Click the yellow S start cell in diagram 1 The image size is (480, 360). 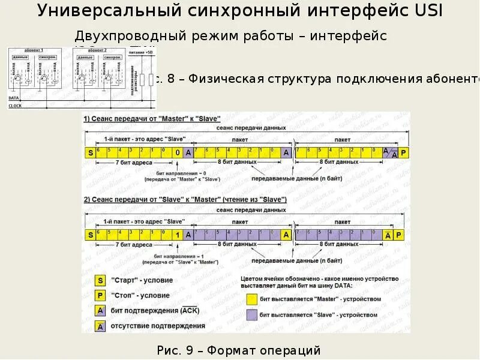91,152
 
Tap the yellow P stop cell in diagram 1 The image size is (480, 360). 403,152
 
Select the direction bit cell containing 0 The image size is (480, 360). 178,152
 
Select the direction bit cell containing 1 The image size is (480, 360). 178,235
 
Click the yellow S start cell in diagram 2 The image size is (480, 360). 91,235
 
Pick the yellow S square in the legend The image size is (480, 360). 100,280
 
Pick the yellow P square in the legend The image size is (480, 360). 100,295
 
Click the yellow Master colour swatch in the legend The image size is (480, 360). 252,298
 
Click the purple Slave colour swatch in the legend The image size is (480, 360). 252,314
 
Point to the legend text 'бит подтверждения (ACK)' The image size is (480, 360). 155,311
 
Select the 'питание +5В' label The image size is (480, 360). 146,53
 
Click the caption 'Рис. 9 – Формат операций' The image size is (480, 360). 238,350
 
